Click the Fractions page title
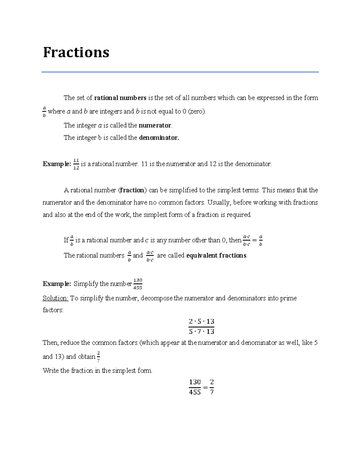click(x=76, y=53)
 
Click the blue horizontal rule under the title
click(x=180, y=72)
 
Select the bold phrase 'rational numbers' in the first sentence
click(x=120, y=98)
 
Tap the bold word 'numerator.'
click(x=156, y=125)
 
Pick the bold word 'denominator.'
click(x=159, y=138)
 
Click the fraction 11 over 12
click(x=76, y=164)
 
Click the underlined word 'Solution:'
click(x=55, y=298)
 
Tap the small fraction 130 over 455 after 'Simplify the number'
click(x=138, y=284)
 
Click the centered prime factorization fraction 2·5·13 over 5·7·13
click(x=202, y=326)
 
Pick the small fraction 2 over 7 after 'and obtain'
click(x=98, y=356)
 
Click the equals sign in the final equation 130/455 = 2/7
click(x=205, y=387)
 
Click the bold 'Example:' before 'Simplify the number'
click(x=57, y=284)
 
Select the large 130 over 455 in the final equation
click(x=195, y=387)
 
